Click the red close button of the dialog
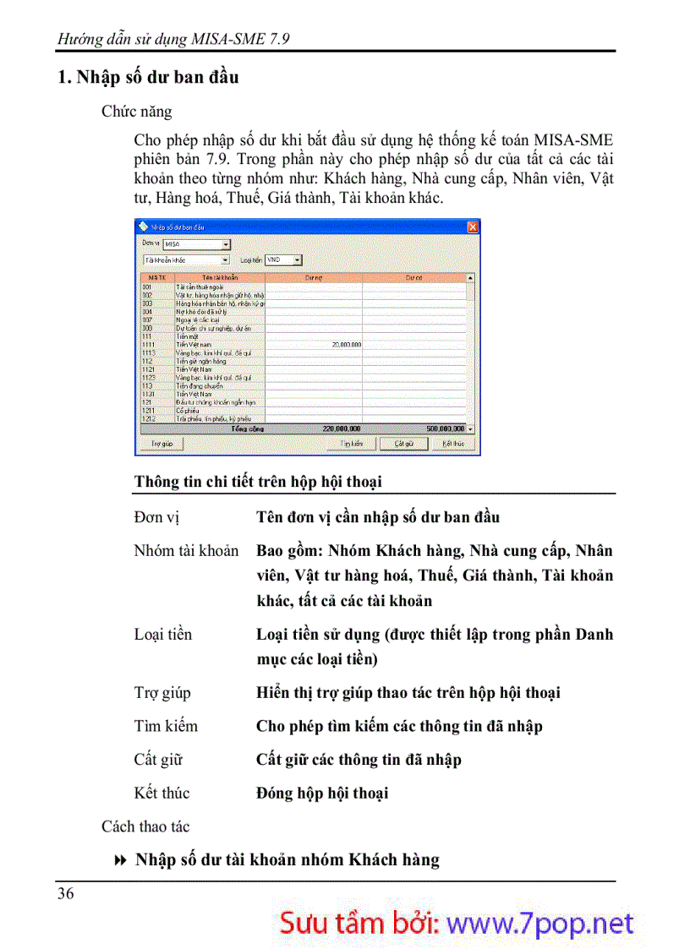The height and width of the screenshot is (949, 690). tap(473, 226)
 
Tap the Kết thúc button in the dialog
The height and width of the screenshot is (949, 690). tap(453, 443)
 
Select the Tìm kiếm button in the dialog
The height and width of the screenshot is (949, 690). tap(351, 443)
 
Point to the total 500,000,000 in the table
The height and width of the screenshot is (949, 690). tap(445, 428)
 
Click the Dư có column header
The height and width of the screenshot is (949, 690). tap(413, 277)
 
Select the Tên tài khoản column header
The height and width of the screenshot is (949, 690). tap(220, 277)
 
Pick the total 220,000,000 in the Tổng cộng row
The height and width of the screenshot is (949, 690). tap(342, 428)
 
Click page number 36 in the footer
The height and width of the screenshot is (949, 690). tap(65, 893)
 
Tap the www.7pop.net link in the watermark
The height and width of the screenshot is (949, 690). tap(539, 924)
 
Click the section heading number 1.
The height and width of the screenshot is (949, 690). tap(62, 78)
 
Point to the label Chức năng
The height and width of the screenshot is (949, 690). tap(136, 112)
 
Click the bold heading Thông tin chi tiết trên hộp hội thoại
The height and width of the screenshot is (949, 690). tap(258, 482)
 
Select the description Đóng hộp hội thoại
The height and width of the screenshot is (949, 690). tap(322, 794)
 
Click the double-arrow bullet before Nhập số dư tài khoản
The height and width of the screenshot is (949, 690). tap(119, 860)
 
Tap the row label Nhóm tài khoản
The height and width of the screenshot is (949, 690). tap(186, 551)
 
